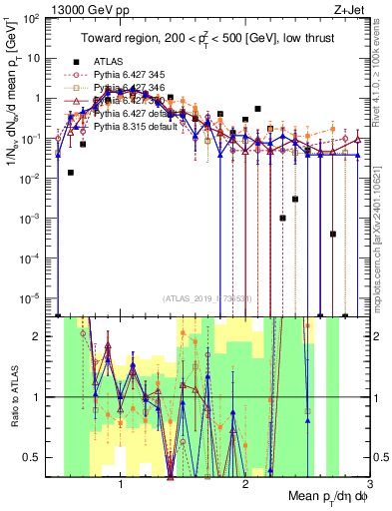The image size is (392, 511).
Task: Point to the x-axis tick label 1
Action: tap(121, 487)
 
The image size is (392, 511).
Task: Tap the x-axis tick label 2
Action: tap(245, 487)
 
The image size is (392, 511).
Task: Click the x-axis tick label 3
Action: tap(369, 487)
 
